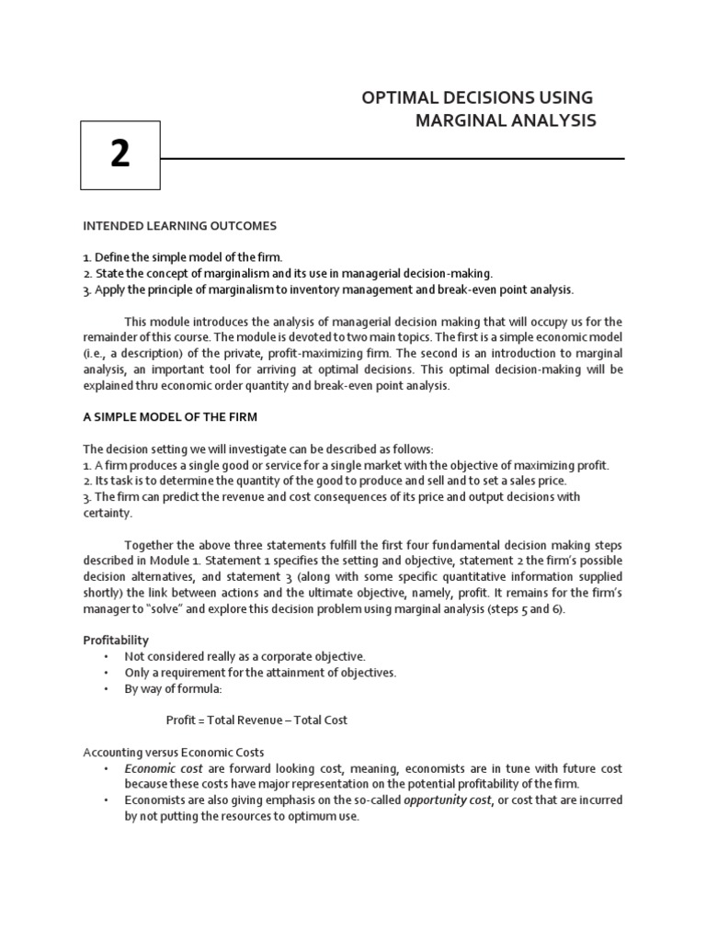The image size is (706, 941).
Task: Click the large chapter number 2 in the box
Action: (x=120, y=155)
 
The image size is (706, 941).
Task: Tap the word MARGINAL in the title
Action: (x=458, y=120)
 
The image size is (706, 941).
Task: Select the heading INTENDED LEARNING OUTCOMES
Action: (x=179, y=225)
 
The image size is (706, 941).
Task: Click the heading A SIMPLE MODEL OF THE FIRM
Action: (x=170, y=416)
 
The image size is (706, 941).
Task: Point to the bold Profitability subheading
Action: (x=116, y=640)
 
